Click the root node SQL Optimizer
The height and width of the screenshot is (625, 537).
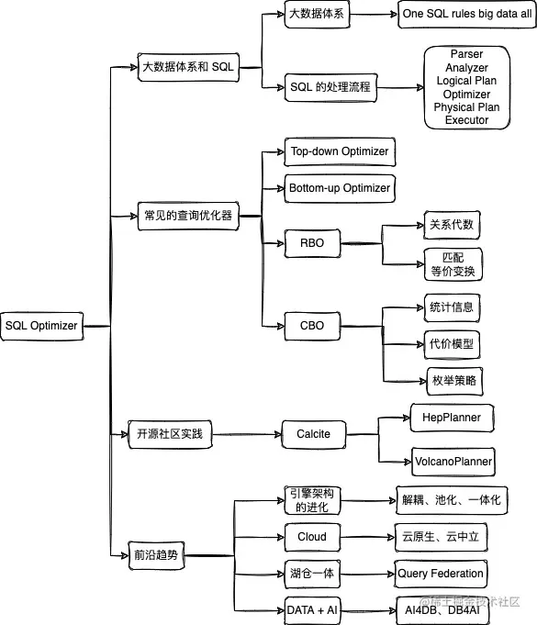click(x=41, y=325)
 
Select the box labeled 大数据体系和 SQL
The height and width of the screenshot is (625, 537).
click(x=187, y=67)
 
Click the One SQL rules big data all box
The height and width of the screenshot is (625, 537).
click(x=467, y=16)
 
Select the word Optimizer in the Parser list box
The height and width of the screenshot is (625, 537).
click(x=466, y=95)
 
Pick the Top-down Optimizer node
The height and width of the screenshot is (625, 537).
click(x=339, y=151)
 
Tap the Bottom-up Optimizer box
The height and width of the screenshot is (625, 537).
click(x=339, y=188)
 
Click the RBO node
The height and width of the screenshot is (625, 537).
click(x=311, y=243)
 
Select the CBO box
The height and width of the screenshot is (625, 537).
click(x=311, y=324)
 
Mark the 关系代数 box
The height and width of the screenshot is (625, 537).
click(x=452, y=225)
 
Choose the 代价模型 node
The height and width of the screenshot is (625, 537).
click(x=452, y=343)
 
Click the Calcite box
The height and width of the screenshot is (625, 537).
click(x=313, y=433)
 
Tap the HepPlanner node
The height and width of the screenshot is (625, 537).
click(x=452, y=418)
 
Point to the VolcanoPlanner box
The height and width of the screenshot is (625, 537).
click(x=452, y=461)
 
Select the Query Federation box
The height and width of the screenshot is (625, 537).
click(x=440, y=574)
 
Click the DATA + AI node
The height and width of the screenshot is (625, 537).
click(x=312, y=609)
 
